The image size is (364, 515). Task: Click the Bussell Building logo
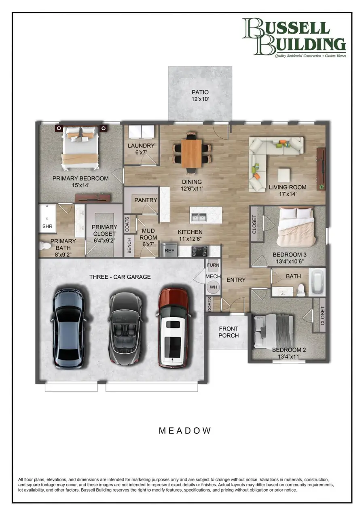pos(294,37)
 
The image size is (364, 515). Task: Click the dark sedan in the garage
pos(68,328)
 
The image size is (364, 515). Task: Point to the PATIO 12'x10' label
pos(200,95)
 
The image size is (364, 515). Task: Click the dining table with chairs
pos(191,153)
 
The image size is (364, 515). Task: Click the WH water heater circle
pos(213,288)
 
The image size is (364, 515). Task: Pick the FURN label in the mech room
pos(213,265)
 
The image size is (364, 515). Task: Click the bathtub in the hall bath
pos(317,282)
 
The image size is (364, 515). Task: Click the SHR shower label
pos(47,227)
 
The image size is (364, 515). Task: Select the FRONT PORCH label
pos(229,332)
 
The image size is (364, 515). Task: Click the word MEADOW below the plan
pos(184,430)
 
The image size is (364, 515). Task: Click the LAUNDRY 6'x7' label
pos(141,149)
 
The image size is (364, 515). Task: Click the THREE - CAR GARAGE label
pos(120,277)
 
